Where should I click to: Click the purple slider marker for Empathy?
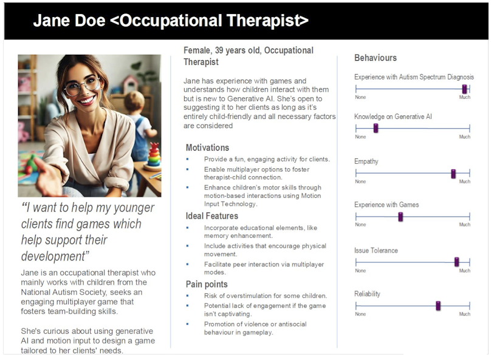point(453,174)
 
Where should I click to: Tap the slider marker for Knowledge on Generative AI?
point(376,128)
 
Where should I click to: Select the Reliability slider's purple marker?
point(438,306)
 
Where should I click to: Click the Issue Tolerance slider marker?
point(456,262)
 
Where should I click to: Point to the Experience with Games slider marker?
point(400,217)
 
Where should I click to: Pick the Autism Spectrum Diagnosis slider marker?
point(464,89)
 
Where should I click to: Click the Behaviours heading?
point(376,58)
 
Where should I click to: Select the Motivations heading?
point(207,148)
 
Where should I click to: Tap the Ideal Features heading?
point(211,216)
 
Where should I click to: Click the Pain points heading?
point(207,284)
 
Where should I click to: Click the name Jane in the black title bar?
point(52,21)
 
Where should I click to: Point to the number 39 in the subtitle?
point(219,50)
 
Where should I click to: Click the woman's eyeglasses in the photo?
point(82,86)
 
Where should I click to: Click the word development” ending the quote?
point(55,256)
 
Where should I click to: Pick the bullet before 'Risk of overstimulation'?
point(188,296)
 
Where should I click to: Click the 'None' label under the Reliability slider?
point(360,314)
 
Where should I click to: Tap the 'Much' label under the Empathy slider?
point(465,182)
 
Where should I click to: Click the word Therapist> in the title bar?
point(267,21)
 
